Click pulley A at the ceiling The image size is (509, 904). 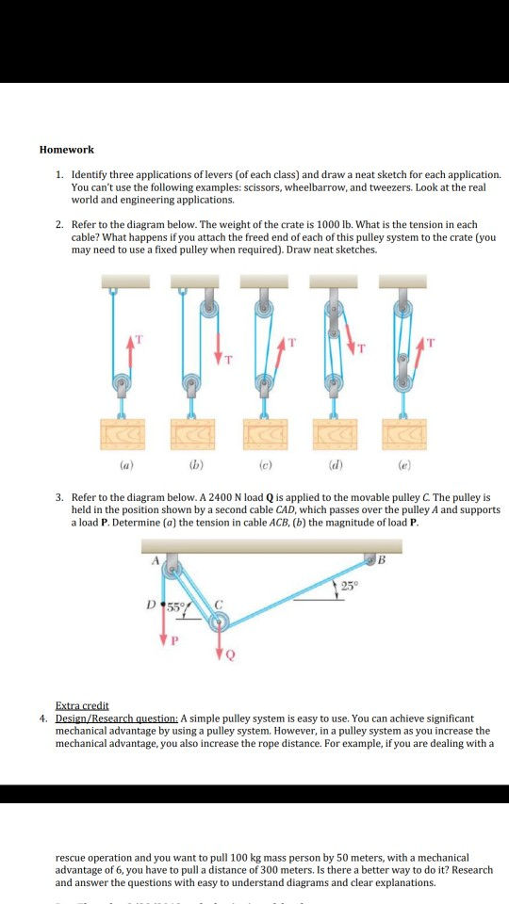pos(172,568)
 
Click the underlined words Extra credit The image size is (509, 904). pos(82,705)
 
